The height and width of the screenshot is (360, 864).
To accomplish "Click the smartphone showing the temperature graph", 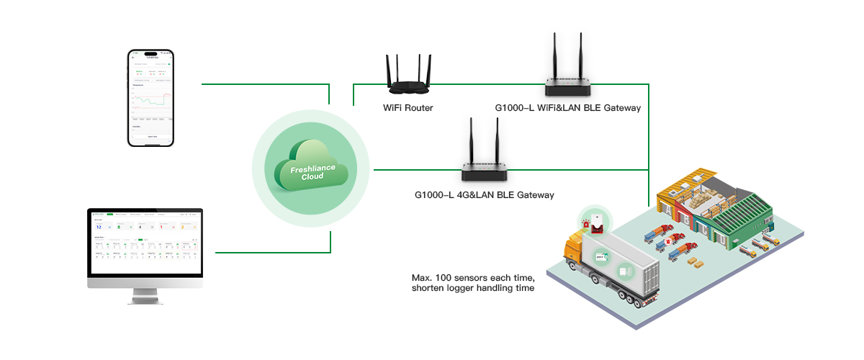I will (x=151, y=98).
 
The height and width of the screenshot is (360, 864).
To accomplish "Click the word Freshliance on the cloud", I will (x=312, y=168).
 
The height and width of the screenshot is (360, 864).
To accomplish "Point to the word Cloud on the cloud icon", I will (x=312, y=176).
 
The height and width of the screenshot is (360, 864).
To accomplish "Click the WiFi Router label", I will (x=408, y=107).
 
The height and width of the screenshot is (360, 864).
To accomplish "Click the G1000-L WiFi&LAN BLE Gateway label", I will (x=567, y=107).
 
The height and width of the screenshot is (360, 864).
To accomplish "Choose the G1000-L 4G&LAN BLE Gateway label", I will (x=485, y=194).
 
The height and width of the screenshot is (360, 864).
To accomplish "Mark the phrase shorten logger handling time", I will (x=472, y=289).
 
